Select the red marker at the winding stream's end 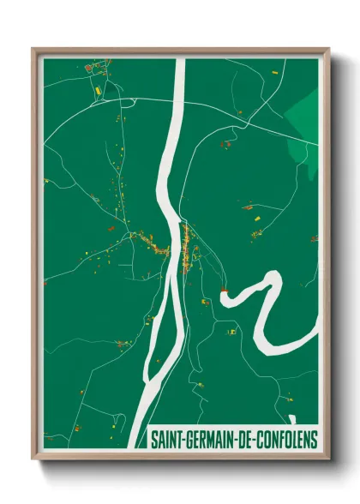(224, 291)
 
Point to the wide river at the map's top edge (178, 64)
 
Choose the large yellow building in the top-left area (98, 88)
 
